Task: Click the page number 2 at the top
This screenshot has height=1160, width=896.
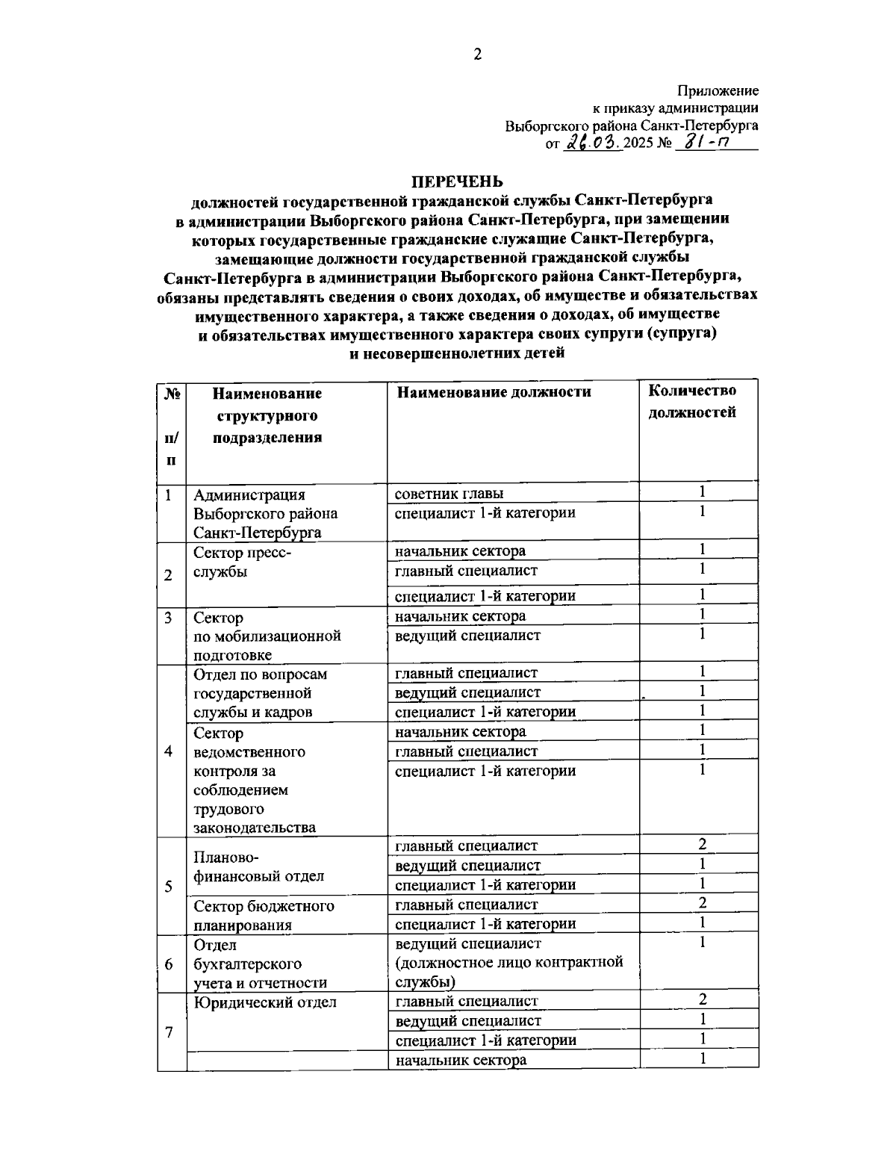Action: click(478, 54)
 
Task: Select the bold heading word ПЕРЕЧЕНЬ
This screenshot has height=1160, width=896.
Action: click(458, 182)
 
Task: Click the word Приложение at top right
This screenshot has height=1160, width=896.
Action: click(718, 91)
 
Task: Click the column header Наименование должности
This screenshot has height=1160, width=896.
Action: click(494, 392)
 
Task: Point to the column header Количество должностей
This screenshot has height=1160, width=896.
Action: click(691, 401)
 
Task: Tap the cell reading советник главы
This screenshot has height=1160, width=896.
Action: click(449, 494)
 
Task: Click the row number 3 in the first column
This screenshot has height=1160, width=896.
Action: click(169, 618)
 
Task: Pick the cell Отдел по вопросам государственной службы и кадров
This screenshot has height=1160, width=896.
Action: click(260, 693)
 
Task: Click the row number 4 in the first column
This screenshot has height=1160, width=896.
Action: click(169, 751)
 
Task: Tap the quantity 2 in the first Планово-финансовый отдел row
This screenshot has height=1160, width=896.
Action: click(702, 845)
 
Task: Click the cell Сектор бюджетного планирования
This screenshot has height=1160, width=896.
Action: click(264, 915)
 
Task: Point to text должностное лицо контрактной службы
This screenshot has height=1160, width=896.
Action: click(508, 963)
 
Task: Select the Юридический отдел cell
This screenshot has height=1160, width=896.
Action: click(265, 1002)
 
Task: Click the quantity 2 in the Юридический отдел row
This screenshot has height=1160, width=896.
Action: click(702, 999)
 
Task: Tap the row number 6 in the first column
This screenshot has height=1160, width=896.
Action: click(169, 964)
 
